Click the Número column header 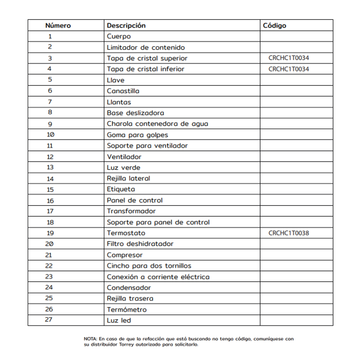click(x=58, y=26)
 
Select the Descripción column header click(x=126, y=26)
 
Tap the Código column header click(x=275, y=26)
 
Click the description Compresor click(x=125, y=255)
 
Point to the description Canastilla click(x=123, y=91)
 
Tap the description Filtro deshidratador click(x=140, y=244)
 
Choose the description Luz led click(x=119, y=320)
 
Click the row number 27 click(x=49, y=320)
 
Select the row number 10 click(x=50, y=134)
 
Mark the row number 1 click(x=50, y=37)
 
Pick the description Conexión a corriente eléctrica click(x=158, y=277)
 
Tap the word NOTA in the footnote click(x=90, y=339)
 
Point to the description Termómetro click(x=127, y=310)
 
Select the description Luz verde click(x=124, y=167)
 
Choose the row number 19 click(x=50, y=233)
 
